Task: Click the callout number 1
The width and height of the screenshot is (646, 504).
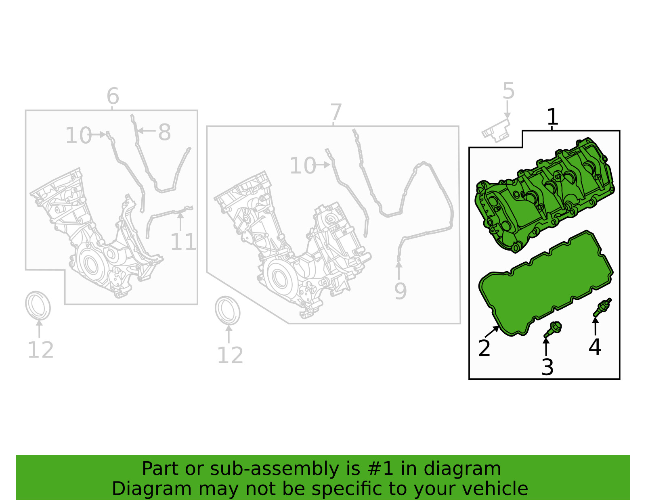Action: pyautogui.click(x=552, y=117)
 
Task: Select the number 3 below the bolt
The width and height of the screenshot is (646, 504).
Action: pyautogui.click(x=547, y=367)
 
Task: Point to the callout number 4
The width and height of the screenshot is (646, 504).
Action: pyautogui.click(x=595, y=347)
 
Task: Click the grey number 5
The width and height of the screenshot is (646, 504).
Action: pyautogui.click(x=508, y=91)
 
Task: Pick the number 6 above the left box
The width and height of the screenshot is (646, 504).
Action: pyautogui.click(x=113, y=96)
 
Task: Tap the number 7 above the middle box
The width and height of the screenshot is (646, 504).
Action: pyautogui.click(x=336, y=112)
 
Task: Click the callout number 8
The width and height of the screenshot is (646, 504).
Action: pyautogui.click(x=164, y=132)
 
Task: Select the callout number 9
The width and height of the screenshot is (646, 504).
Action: pyautogui.click(x=401, y=291)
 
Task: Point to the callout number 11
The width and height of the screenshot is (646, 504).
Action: pyautogui.click(x=183, y=242)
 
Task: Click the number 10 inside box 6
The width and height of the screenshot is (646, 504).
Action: pyautogui.click(x=78, y=136)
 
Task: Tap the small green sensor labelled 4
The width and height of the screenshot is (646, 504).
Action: pyautogui.click(x=602, y=307)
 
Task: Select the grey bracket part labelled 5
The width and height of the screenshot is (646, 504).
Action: pyautogui.click(x=496, y=130)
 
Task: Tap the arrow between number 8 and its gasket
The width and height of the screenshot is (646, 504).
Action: pyautogui.click(x=146, y=131)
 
